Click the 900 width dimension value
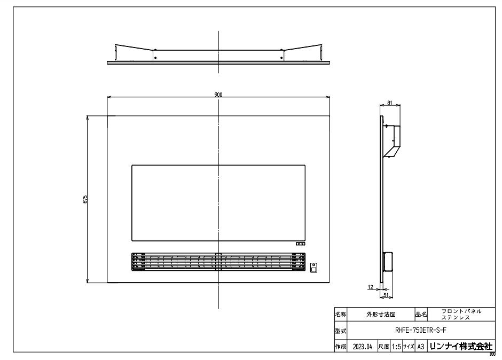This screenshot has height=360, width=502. [x=218, y=95]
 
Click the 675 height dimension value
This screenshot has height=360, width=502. [x=85, y=199]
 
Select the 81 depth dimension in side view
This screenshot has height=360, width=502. [x=390, y=103]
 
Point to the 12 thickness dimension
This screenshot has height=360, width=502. [x=371, y=287]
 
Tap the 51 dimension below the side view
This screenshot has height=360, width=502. [x=386, y=295]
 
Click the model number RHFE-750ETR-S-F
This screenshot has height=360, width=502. [x=421, y=330]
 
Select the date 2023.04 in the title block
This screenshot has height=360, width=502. [x=363, y=347]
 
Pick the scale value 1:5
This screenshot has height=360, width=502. [x=396, y=347]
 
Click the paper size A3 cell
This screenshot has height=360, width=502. [x=421, y=347]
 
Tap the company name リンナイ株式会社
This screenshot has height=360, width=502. [x=461, y=346]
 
